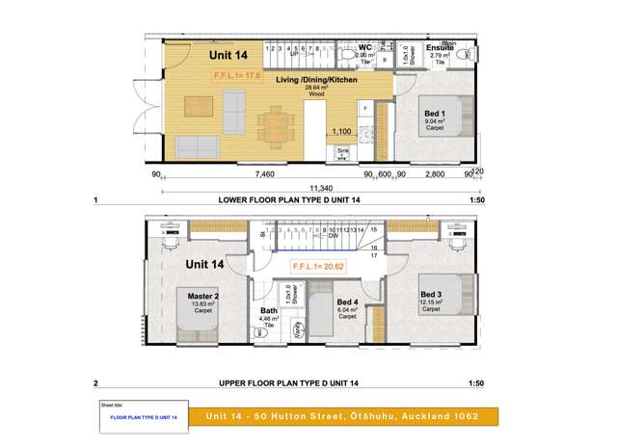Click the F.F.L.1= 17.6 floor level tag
[x=237, y=74]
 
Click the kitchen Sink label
[x=342, y=151]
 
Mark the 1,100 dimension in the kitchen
[x=341, y=130]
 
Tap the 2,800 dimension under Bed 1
[x=434, y=174]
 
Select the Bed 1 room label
[x=435, y=114]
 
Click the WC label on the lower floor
[x=365, y=46]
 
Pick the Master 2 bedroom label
[x=203, y=296]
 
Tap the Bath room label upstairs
[x=269, y=310]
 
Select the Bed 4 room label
[x=348, y=302]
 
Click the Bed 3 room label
[x=430, y=294]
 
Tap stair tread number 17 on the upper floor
[x=373, y=255]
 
